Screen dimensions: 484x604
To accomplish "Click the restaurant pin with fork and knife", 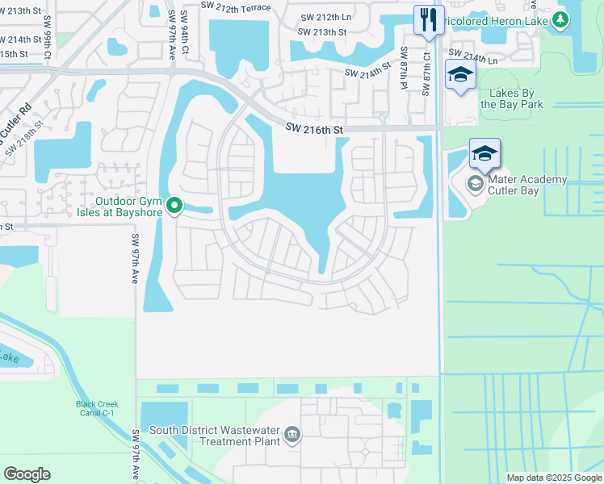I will [x=429, y=19].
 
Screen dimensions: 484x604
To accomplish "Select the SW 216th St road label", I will [x=315, y=129].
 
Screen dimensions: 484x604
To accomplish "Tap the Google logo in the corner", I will [x=27, y=474].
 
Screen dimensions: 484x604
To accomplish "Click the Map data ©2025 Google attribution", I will [x=553, y=478].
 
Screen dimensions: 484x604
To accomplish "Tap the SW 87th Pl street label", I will [x=404, y=68].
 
